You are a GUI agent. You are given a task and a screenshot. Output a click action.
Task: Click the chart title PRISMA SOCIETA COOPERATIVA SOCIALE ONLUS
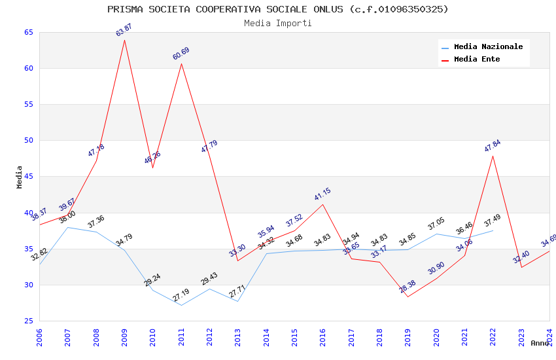tap(278, 9)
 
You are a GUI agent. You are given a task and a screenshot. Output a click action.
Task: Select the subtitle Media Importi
tap(278, 23)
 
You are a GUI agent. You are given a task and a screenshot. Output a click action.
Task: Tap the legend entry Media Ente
tap(477, 59)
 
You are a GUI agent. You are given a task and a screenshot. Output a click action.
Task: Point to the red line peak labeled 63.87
tap(124, 40)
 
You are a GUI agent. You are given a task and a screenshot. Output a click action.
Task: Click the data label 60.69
tap(181, 54)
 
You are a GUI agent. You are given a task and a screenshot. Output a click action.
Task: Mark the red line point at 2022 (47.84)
tap(493, 156)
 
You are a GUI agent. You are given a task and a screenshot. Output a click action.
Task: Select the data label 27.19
tap(181, 295)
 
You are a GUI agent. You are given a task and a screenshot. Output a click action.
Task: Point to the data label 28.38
tap(408, 287)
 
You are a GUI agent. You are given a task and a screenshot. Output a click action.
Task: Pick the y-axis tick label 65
tap(28, 32)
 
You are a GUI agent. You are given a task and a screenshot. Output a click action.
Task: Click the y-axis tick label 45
tap(28, 177)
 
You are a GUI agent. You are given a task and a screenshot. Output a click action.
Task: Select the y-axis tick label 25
tap(28, 321)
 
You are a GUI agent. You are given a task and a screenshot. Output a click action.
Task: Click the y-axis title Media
tap(20, 177)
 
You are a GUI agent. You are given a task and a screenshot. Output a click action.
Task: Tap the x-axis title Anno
tap(540, 343)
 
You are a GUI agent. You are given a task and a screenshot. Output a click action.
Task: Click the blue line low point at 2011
tap(181, 305)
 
